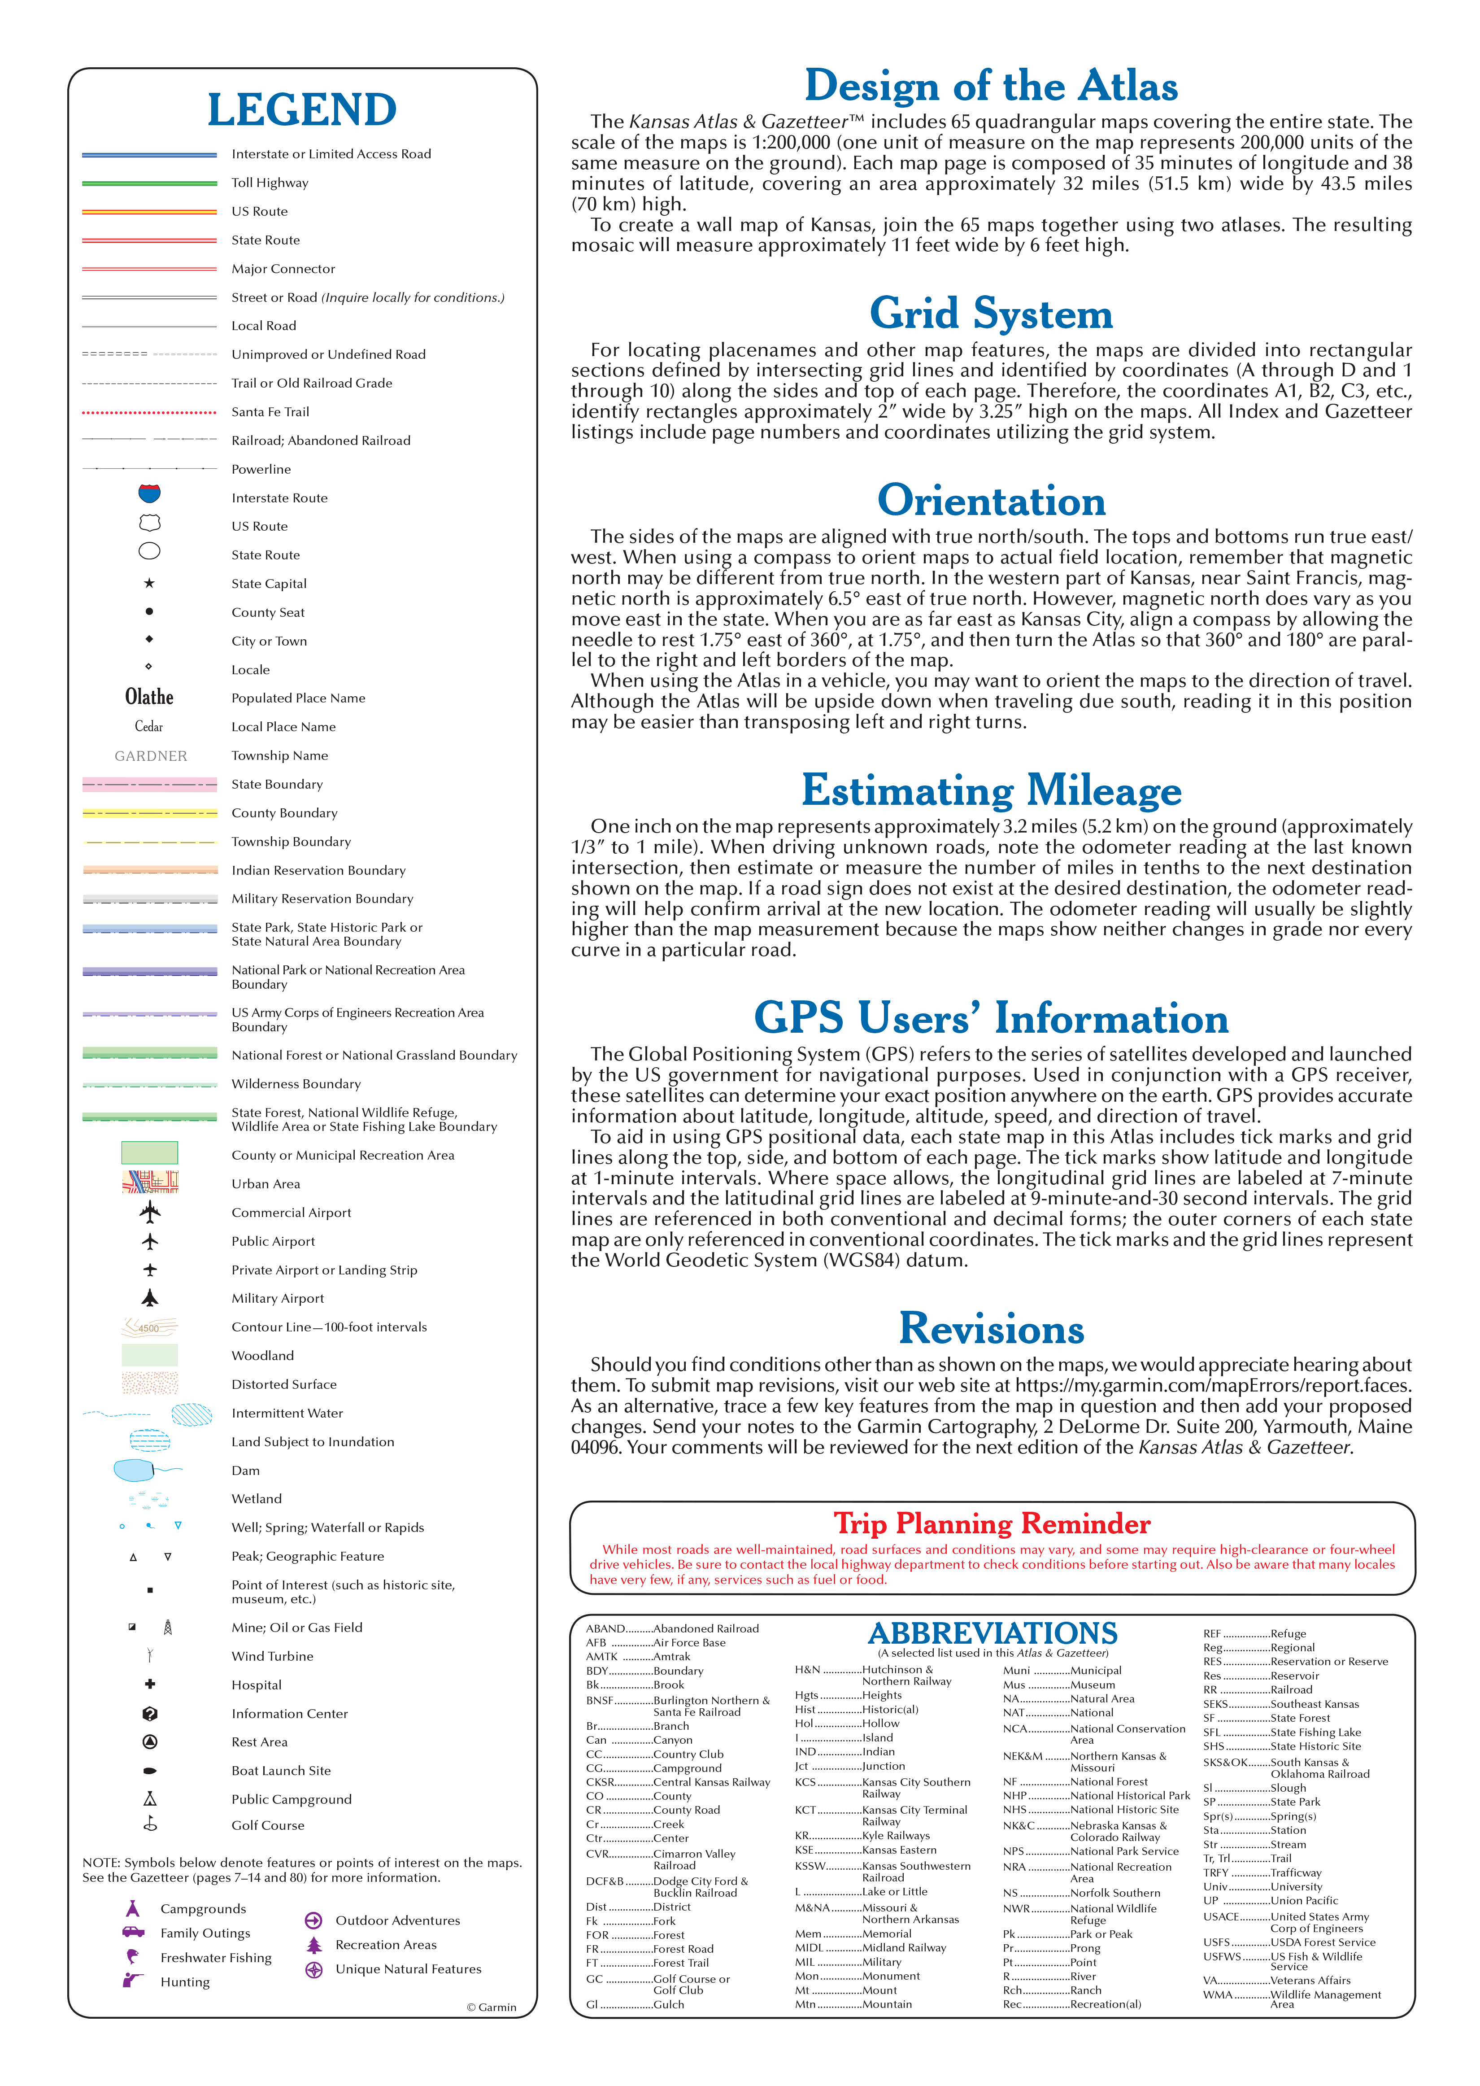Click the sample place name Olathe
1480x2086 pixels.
pyautogui.click(x=149, y=697)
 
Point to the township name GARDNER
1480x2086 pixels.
pyautogui.click(x=150, y=755)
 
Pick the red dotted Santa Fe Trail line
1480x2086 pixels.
pyautogui.click(x=149, y=412)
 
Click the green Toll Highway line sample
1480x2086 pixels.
pyautogui.click(x=149, y=183)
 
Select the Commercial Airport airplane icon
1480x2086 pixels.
pyautogui.click(x=149, y=1212)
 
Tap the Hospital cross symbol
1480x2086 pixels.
pyautogui.click(x=149, y=1684)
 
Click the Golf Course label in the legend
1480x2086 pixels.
pyautogui.click(x=268, y=1825)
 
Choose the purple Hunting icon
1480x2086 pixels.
pyautogui.click(x=133, y=1980)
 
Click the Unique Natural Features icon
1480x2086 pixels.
pyautogui.click(x=313, y=1969)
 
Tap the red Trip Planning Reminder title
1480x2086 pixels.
pyautogui.click(x=992, y=1524)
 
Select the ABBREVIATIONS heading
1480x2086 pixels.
pyautogui.click(x=992, y=1633)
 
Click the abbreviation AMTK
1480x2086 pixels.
pyautogui.click(x=601, y=1657)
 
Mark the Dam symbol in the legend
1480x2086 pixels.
pyautogui.click(x=137, y=1470)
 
